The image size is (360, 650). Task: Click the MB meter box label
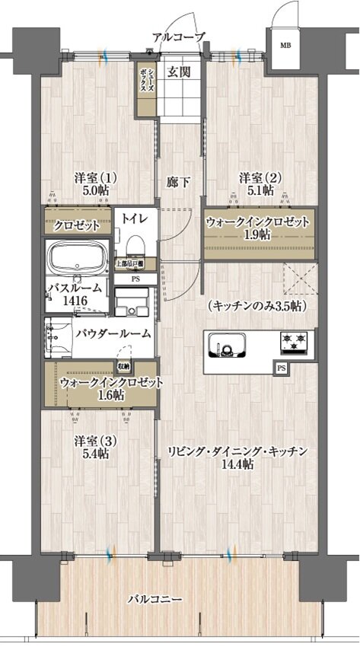click(x=285, y=45)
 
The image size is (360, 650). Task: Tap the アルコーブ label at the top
click(x=178, y=37)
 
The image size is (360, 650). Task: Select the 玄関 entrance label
click(x=179, y=72)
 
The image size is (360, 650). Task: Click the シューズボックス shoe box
click(x=146, y=78)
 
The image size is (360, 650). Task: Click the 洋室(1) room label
click(x=95, y=177)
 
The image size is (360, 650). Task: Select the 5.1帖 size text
click(x=260, y=191)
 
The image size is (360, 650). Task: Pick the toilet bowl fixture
click(x=135, y=244)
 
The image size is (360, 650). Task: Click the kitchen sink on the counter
click(x=227, y=347)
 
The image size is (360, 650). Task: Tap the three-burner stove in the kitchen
click(x=294, y=344)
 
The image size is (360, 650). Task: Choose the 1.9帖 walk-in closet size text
click(x=258, y=236)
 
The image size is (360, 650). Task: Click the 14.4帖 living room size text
click(x=237, y=464)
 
